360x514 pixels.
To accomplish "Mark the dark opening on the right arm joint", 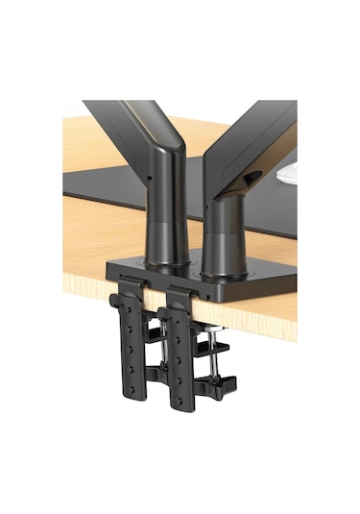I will [252, 180].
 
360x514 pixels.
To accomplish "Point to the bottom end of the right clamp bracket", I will [178, 423].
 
